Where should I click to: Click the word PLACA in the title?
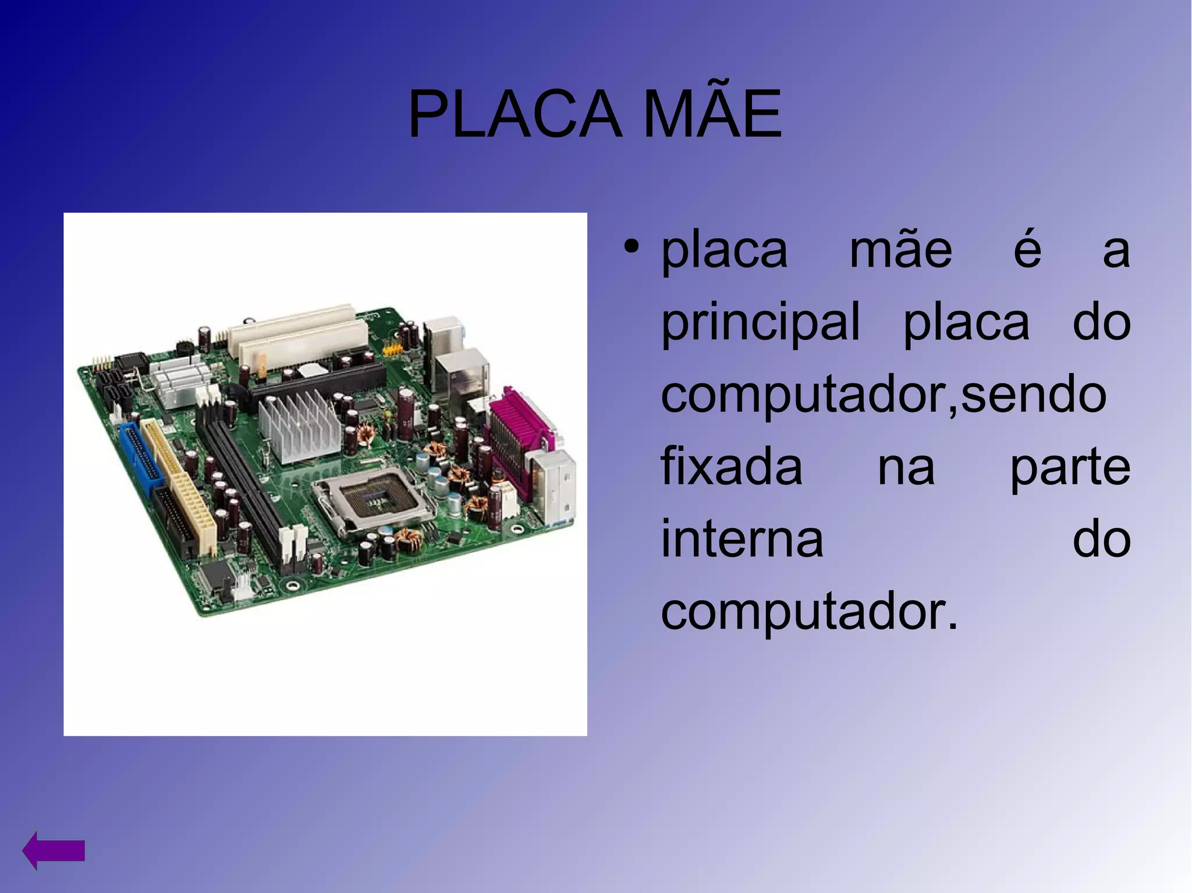(514, 115)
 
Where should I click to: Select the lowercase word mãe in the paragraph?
(900, 251)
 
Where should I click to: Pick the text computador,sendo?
(883, 396)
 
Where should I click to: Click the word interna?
(742, 540)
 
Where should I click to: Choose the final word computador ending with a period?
(809, 612)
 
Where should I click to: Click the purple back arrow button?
(54, 850)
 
